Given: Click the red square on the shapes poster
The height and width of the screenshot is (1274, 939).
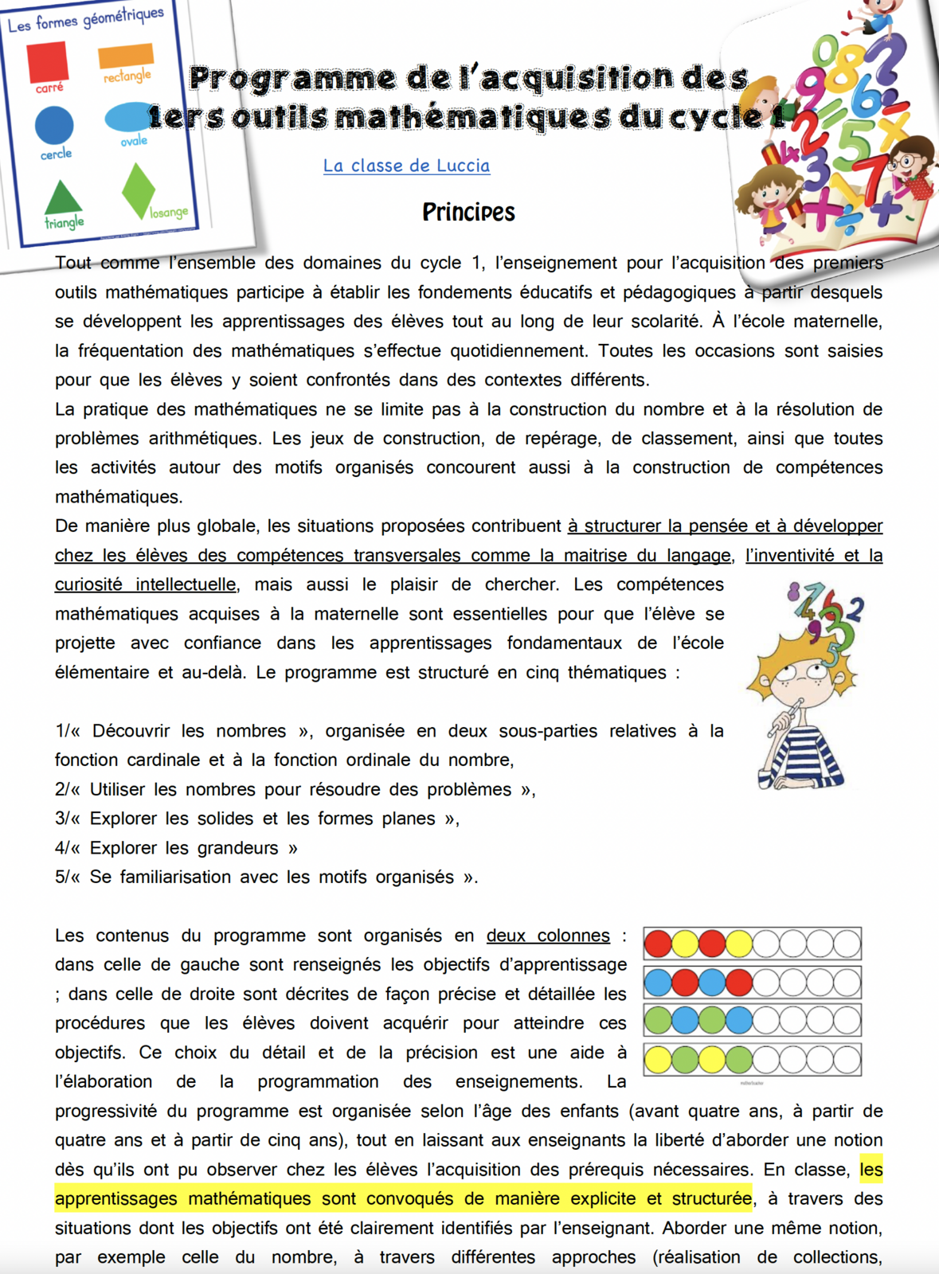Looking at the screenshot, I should (47, 61).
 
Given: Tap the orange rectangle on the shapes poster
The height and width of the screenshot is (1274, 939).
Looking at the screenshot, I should (126, 55).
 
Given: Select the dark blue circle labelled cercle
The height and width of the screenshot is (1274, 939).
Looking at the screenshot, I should (54, 126).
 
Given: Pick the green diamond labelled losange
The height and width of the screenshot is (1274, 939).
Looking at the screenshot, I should (138, 190).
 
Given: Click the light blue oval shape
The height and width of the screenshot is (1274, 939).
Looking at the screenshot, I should (130, 118).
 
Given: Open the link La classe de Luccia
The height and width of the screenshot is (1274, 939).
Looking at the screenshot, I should (406, 166).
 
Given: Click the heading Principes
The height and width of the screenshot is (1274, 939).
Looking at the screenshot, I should (468, 212).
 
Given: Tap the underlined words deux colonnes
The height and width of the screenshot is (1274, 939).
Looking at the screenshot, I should (548, 935).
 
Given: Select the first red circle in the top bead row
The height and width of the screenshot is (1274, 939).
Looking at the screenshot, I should (658, 944).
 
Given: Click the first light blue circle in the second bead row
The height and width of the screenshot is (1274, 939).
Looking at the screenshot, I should (658, 982).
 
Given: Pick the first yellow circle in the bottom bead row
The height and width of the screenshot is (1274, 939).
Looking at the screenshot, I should (658, 1060).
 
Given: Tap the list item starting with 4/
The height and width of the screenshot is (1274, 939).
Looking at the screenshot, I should (176, 847).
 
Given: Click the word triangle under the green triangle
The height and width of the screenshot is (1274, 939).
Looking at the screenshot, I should (65, 223).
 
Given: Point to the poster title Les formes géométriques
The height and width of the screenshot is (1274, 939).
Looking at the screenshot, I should (85, 19).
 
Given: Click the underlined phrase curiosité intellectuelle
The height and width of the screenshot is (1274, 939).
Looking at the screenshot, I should (146, 584).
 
